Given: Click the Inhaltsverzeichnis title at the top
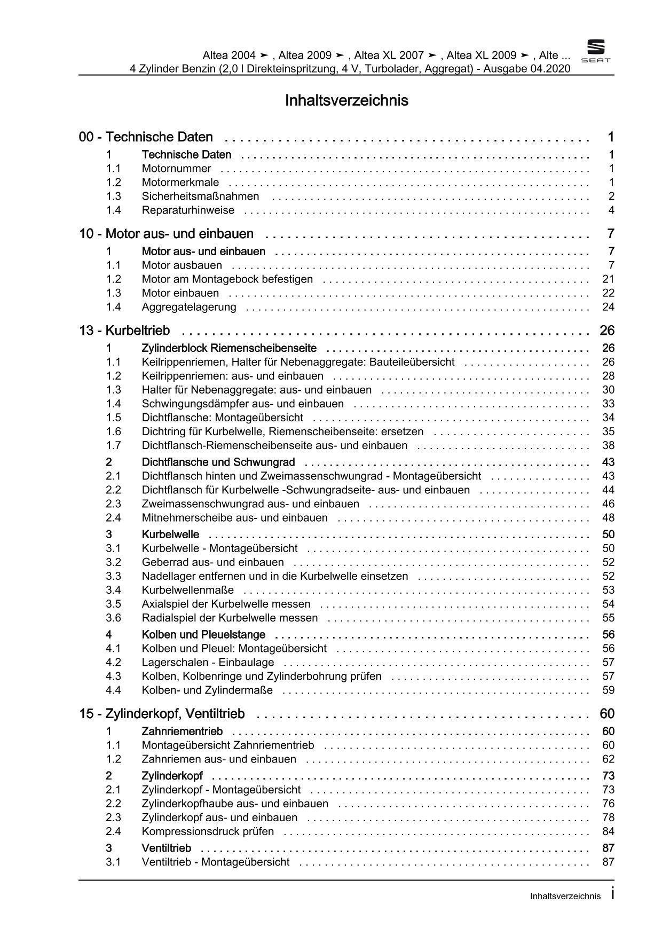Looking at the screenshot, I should pyautogui.click(x=346, y=101).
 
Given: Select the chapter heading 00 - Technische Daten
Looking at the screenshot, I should pyautogui.click(x=146, y=137).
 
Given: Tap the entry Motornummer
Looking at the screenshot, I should pyautogui.click(x=176, y=169).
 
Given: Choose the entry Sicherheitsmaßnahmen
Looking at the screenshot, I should pyautogui.click(x=200, y=196).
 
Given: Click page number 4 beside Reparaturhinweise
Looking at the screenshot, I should pyautogui.click(x=611, y=210).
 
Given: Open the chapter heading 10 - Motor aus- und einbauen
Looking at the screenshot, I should pyautogui.click(x=166, y=234).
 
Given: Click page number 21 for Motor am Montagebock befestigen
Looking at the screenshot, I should pyautogui.click(x=608, y=279).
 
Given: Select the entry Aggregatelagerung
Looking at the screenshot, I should pyautogui.click(x=188, y=307).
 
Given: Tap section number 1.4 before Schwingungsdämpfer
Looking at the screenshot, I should pyautogui.click(x=113, y=404).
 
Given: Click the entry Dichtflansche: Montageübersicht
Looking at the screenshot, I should pyautogui.click(x=222, y=418).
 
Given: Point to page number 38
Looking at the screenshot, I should pyautogui.click(x=608, y=445).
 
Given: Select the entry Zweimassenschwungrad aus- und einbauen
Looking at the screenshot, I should pyautogui.click(x=250, y=504).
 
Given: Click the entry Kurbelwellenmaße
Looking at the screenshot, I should pyautogui.click(x=187, y=590).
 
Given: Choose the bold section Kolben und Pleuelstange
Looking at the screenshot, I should pyautogui.click(x=203, y=635).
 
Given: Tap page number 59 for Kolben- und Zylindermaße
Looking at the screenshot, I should pyautogui.click(x=608, y=690).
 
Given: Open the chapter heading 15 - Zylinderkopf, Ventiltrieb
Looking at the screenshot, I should pyautogui.click(x=162, y=714).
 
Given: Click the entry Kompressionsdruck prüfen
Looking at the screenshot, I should pyautogui.click(x=208, y=831).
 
